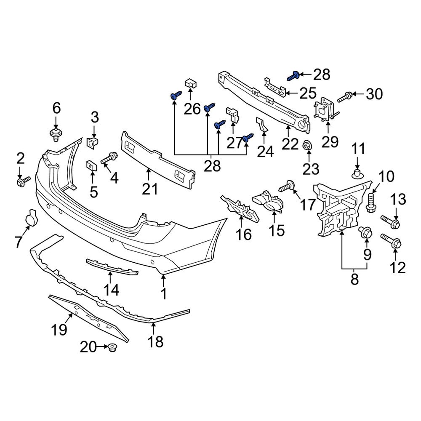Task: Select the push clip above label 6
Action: click(55, 135)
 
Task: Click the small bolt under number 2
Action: click(23, 182)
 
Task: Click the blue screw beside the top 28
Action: click(294, 76)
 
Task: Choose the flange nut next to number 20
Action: click(112, 348)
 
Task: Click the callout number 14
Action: click(112, 290)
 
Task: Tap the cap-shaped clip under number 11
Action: click(357, 173)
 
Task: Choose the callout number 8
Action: click(354, 278)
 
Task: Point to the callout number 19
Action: click(59, 329)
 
